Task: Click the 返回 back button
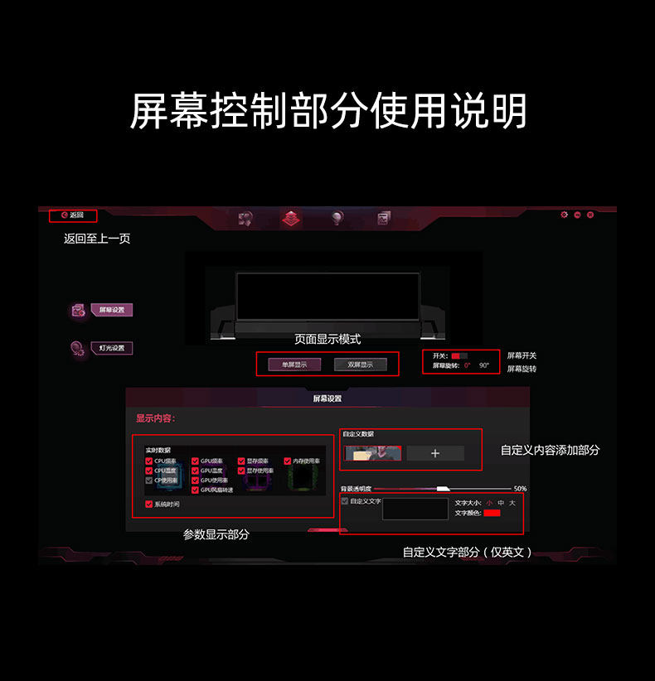72,215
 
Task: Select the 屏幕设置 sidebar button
111,310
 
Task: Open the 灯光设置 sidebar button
111,348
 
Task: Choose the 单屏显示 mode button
294,365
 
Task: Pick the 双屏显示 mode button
361,365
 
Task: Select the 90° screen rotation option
484,365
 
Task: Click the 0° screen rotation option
467,365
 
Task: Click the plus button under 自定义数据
435,453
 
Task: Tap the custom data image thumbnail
373,453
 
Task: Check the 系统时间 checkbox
149,504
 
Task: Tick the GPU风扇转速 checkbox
196,490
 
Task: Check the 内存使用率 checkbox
288,461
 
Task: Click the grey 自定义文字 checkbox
345,500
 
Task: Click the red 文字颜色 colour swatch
492,513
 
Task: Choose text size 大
512,503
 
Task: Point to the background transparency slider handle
443,489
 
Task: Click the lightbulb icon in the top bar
337,218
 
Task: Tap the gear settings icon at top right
565,215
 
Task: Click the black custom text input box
415,509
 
